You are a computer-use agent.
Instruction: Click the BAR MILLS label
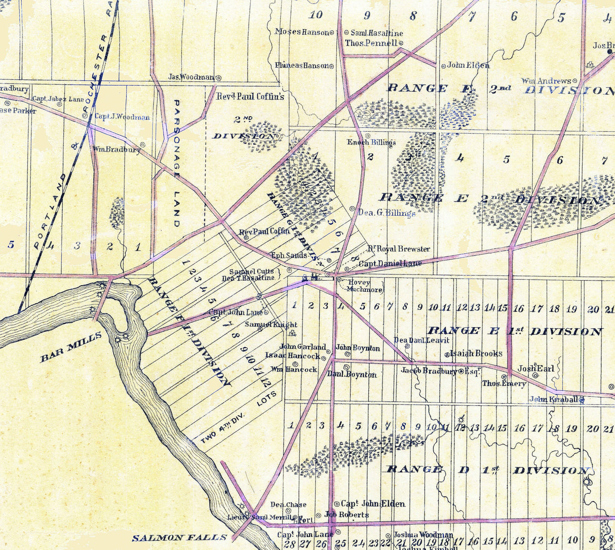coord(70,347)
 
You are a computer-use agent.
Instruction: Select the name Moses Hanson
coord(302,32)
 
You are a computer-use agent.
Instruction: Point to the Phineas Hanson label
coord(302,65)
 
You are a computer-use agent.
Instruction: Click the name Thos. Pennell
coord(371,43)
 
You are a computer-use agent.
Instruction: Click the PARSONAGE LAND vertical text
coord(176,163)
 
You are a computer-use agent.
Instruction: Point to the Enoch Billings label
coord(371,142)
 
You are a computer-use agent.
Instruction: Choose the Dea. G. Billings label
coord(387,213)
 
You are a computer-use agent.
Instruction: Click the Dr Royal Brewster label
coord(398,249)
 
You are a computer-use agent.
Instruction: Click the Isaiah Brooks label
coord(476,353)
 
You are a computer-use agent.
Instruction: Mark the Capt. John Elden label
coord(373,503)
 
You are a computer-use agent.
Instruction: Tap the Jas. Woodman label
coord(191,77)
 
